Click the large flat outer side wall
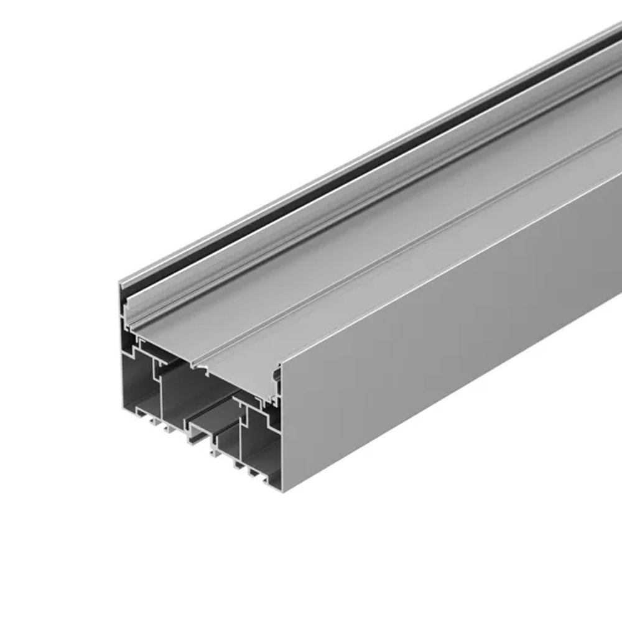448,348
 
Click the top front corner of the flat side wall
280,367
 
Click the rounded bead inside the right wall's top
274,374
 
